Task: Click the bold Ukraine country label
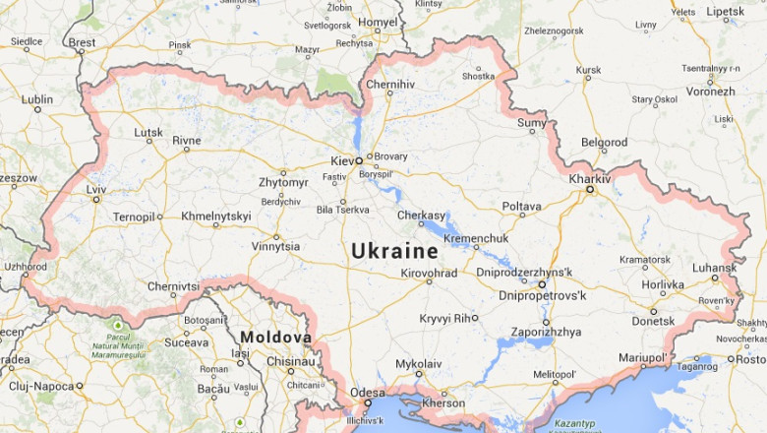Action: [x=394, y=251]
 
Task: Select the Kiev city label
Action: [x=342, y=158]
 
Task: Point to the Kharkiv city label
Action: [x=589, y=178]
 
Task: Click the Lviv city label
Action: [x=96, y=188]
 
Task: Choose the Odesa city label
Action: [x=368, y=393]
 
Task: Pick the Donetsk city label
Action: [x=653, y=321]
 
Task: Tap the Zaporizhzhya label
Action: [x=546, y=332]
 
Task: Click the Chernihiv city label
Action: [x=387, y=85]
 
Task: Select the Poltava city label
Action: [x=521, y=206]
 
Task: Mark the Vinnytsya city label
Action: [x=276, y=246]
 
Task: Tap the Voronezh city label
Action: [x=710, y=91]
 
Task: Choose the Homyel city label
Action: [x=378, y=22]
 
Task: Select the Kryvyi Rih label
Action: [x=447, y=318]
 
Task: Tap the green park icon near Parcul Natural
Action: [x=117, y=326]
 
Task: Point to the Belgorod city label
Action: [x=604, y=142]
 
